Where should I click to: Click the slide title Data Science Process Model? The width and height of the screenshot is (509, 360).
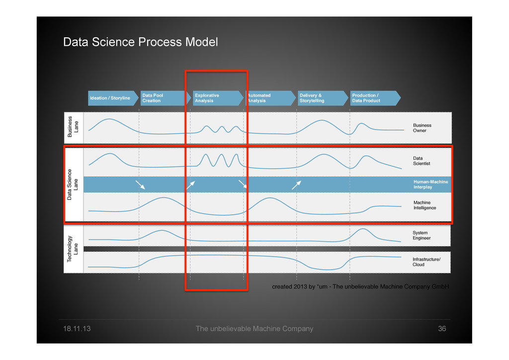coord(140,42)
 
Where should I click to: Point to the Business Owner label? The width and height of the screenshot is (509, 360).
coord(422,128)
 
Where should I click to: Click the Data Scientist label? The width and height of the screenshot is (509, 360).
coord(422,161)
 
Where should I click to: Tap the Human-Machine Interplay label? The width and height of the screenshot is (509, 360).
coord(430,184)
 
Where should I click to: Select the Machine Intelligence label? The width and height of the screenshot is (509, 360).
coord(424,205)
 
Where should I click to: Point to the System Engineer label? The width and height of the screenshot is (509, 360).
coord(422,235)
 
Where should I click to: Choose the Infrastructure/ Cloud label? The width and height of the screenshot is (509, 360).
coord(426,262)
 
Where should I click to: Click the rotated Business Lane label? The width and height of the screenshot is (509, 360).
coord(73,126)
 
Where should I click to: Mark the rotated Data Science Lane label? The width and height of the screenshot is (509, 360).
coord(73,184)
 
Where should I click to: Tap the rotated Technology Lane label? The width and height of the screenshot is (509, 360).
coord(73,249)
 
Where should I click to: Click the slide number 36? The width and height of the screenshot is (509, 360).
coord(442,329)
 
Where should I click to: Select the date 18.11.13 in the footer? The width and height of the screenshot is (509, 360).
coord(77,329)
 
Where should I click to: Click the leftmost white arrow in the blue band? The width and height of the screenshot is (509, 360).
coord(141,185)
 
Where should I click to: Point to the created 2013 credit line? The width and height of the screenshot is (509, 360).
coord(360,287)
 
